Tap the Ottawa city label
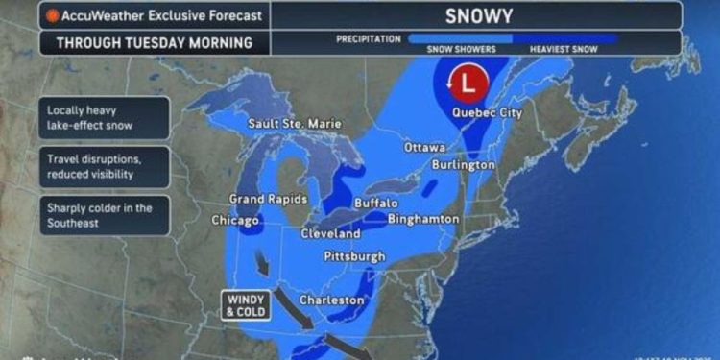pyautogui.click(x=424, y=148)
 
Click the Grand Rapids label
pyautogui.click(x=268, y=199)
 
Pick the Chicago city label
pyautogui.click(x=236, y=220)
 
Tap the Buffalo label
pyautogui.click(x=375, y=204)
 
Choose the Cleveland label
pyautogui.click(x=330, y=233)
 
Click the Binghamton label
pyautogui.click(x=423, y=220)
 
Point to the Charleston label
pyautogui.click(x=332, y=300)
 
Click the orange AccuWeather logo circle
pyautogui.click(x=52, y=15)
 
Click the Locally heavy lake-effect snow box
pyautogui.click(x=104, y=117)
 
